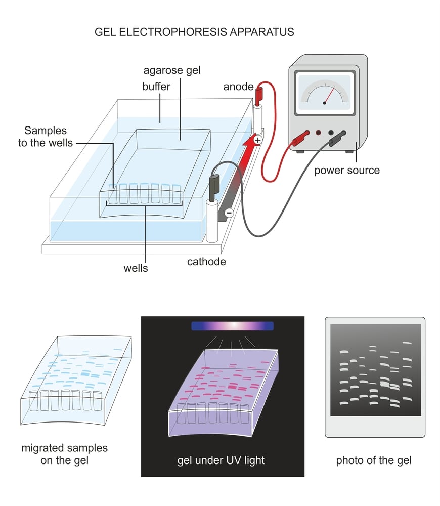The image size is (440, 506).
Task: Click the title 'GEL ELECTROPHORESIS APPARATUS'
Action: click(x=194, y=32)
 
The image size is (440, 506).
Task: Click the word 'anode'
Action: click(x=238, y=87)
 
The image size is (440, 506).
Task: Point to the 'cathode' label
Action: click(x=205, y=262)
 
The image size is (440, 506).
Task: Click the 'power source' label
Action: click(x=346, y=170)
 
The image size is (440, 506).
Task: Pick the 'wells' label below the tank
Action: click(x=136, y=268)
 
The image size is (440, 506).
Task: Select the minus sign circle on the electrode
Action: click(x=229, y=213)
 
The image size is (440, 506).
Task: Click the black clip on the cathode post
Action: click(x=213, y=185)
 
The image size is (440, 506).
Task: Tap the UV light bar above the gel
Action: click(x=232, y=326)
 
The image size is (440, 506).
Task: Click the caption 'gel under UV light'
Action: click(x=221, y=460)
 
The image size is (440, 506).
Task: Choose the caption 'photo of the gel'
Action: click(x=374, y=460)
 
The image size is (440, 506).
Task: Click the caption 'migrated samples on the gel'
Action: click(x=64, y=454)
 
